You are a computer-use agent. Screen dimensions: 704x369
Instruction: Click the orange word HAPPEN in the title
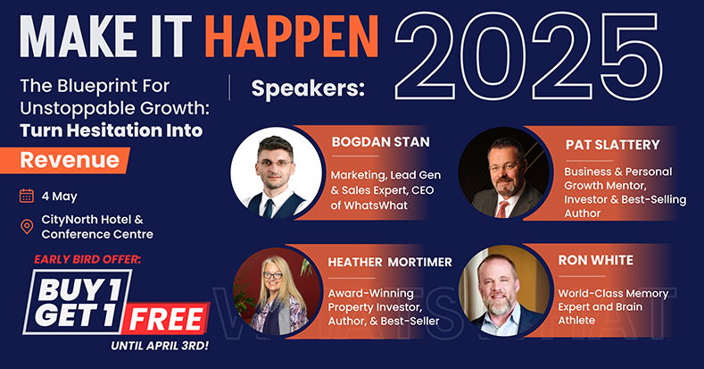pos(294,37)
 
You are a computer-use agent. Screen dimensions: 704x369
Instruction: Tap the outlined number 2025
pos(528,56)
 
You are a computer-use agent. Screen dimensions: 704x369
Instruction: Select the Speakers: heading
pos(308,88)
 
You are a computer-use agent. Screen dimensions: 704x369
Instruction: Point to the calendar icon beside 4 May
pos(27,196)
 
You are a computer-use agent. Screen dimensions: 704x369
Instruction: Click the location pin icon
pos(27,226)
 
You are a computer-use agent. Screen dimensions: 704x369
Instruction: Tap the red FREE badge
pos(166,320)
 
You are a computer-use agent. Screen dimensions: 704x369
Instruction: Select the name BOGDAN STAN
pos(381,142)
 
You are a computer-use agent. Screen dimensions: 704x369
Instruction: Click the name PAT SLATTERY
pos(613,145)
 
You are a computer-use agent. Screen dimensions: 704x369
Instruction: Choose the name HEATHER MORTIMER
pos(390,262)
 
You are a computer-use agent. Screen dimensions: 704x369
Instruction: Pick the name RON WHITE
pos(596,260)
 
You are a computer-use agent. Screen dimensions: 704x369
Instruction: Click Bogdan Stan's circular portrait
pos(276,172)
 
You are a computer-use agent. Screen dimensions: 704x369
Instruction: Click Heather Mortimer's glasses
pos(272,275)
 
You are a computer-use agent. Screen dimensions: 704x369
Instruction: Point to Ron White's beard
pos(499,306)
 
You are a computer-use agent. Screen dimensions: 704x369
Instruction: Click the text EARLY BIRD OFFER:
pos(87,259)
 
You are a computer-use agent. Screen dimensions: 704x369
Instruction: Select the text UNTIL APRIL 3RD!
pos(160,347)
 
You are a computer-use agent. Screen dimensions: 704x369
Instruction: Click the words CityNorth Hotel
pos(87,220)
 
